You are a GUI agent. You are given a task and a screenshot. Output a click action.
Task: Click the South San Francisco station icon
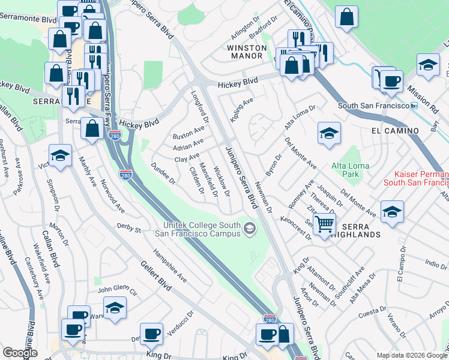[414, 106]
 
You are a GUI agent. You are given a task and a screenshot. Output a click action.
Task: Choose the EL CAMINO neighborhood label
[394, 130]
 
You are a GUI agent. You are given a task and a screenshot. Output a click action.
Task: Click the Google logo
[20, 353]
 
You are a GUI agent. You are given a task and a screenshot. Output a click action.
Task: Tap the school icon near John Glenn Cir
[115, 308]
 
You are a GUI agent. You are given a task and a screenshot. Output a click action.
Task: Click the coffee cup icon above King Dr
[151, 332]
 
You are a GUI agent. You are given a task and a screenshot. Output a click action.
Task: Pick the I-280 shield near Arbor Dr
[270, 321]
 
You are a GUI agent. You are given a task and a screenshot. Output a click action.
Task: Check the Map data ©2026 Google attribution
[411, 355]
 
